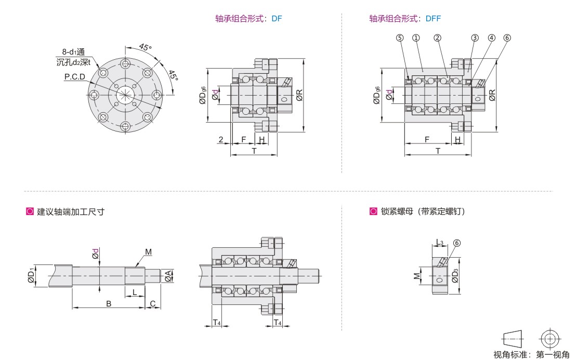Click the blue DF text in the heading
tap(277, 19)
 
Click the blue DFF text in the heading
tap(434, 19)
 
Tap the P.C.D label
tap(75, 77)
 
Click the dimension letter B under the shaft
tap(109, 303)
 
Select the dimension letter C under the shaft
tap(153, 303)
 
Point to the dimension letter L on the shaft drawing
tap(135, 292)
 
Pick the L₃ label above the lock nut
tap(439, 243)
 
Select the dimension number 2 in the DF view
tap(221, 140)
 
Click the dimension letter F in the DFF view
tap(427, 140)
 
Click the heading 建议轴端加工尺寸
tap(71, 211)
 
